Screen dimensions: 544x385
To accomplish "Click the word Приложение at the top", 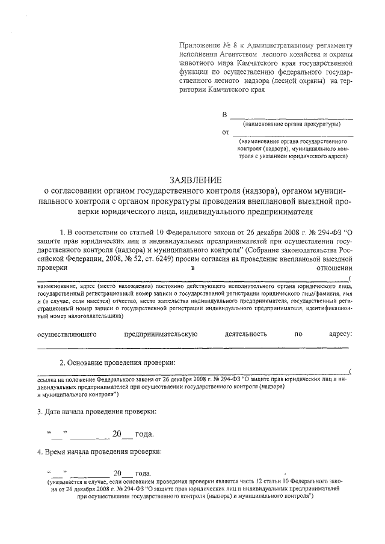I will click(199, 46).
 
